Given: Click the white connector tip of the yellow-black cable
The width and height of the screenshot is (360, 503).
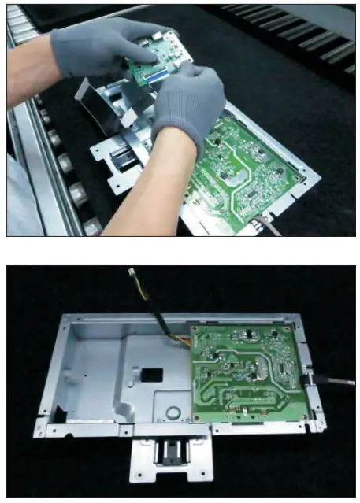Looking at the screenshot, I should click(130, 272).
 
